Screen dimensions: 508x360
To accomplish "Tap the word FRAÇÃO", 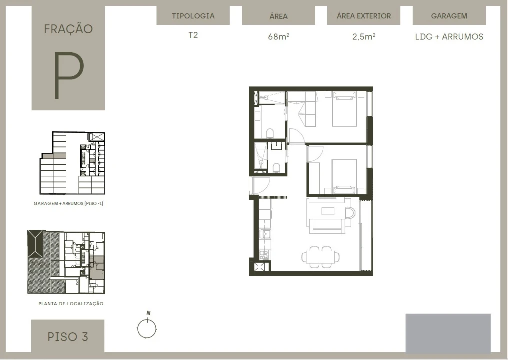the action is (68, 29).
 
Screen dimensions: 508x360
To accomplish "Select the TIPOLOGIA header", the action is (193, 16).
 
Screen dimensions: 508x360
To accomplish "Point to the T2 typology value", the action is (193, 35).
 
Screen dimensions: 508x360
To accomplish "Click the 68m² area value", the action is (278, 36).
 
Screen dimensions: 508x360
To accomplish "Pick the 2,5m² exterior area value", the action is (364, 36).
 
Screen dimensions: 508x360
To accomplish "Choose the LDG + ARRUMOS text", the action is (449, 37).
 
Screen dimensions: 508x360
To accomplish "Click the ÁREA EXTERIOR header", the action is (364, 16).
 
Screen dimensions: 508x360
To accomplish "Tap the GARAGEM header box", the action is (449, 16).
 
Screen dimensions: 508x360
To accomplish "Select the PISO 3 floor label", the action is (68, 337).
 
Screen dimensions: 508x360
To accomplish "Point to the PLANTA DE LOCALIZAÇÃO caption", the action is (71, 304).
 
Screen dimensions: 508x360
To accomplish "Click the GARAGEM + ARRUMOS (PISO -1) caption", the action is (68, 204).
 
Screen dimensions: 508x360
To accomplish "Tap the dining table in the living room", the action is (320, 257).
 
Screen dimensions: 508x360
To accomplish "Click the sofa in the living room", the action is (327, 226).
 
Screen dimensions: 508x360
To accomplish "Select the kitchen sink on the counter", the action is (266, 234).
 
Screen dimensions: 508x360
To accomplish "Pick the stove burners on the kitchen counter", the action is (264, 255).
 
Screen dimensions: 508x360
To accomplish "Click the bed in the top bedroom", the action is (344, 109).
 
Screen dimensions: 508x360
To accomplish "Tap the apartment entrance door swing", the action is (260, 185).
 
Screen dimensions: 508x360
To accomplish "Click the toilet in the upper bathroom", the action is (270, 133).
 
